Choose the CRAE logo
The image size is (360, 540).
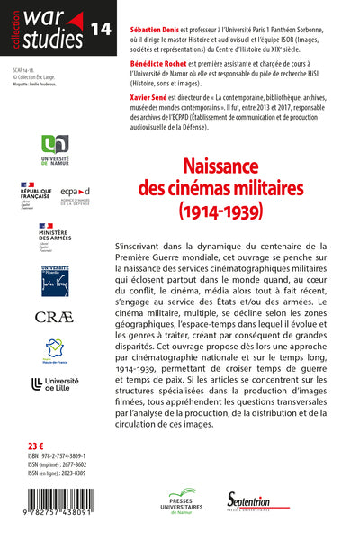51,316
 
